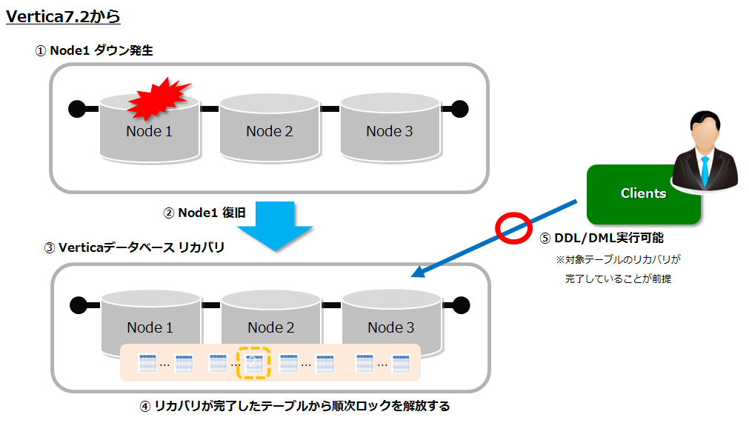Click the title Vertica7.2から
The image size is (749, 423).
pyautogui.click(x=63, y=16)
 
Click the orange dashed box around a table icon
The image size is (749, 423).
pyautogui.click(x=253, y=362)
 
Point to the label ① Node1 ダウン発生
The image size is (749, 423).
pyautogui.click(x=94, y=50)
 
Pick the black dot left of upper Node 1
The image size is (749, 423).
pyautogui.click(x=76, y=109)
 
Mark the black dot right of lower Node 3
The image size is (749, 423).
pyautogui.click(x=461, y=304)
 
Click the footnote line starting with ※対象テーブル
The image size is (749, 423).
pyautogui.click(x=618, y=260)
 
